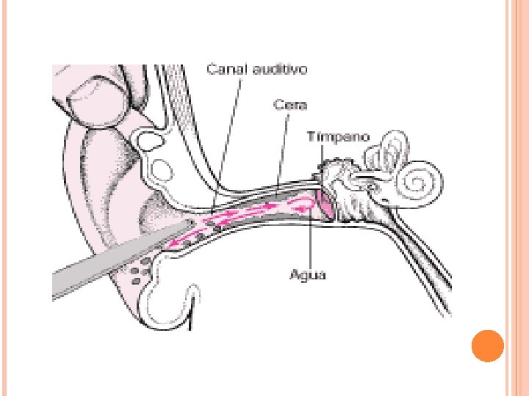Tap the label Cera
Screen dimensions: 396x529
click(289, 105)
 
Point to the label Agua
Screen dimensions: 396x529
click(309, 275)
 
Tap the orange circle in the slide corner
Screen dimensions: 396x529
click(486, 345)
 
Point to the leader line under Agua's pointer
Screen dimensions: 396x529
click(311, 235)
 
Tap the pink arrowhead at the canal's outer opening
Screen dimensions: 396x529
click(173, 245)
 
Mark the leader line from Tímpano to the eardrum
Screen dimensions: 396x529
click(323, 165)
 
